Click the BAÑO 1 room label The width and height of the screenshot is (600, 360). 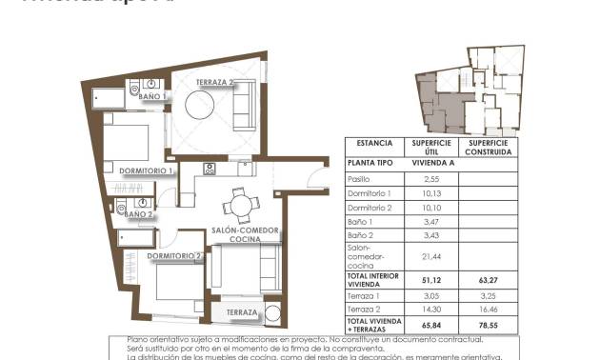coord(152,96)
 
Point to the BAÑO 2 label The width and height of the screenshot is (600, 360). coord(139,214)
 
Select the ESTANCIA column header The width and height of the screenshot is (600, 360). coord(374,143)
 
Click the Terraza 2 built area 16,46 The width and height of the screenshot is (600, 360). coord(489,310)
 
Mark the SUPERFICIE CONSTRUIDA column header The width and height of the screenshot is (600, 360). coord(489,147)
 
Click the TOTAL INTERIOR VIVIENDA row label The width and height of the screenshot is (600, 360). coord(374,278)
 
